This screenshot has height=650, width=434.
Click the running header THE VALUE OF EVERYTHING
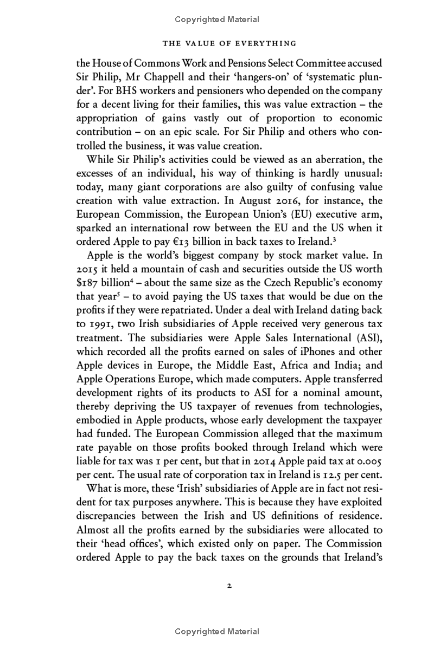click(x=217, y=43)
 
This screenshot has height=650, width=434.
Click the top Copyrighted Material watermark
click(x=217, y=19)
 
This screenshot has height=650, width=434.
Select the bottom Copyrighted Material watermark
click(x=217, y=632)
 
